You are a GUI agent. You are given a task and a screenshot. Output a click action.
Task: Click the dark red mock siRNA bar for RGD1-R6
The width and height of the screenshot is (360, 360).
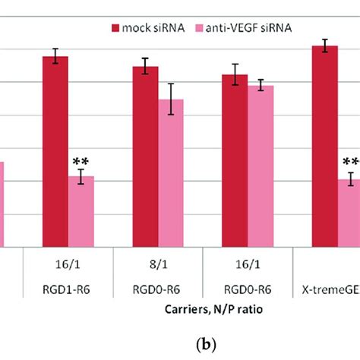55,152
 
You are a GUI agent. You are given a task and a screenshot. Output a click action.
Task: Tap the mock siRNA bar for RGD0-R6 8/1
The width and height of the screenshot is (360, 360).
145,156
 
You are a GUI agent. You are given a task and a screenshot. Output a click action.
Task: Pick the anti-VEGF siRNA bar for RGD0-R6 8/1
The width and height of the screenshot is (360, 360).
171,173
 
